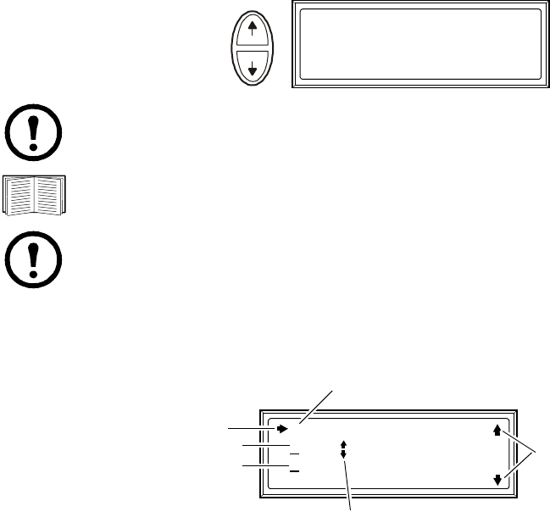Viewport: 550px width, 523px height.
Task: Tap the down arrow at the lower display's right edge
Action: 497,481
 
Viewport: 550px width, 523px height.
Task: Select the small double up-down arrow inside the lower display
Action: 343,448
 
